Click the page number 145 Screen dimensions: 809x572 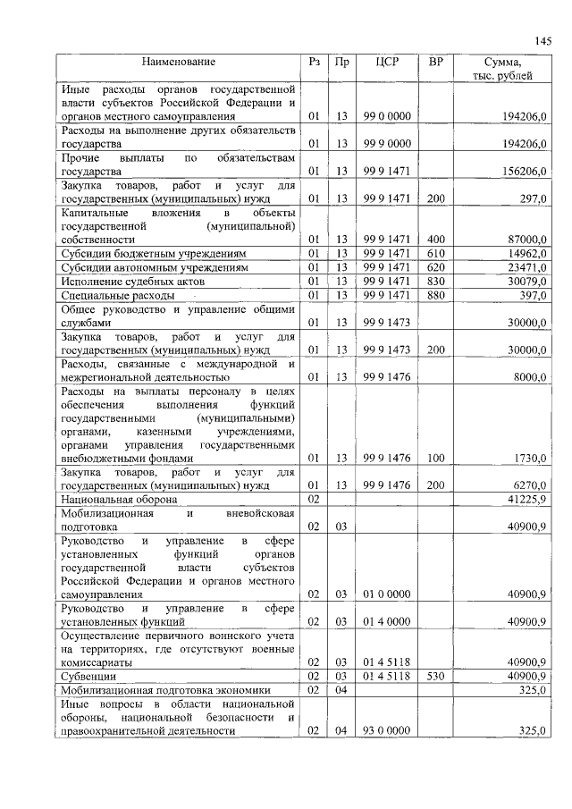[543, 40]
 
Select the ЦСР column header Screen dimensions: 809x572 [386, 63]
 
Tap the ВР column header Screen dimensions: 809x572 [435, 63]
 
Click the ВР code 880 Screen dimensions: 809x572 [435, 295]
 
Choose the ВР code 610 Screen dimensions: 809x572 [435, 254]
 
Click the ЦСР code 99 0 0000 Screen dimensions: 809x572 [386, 116]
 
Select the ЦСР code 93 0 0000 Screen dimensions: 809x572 [386, 731]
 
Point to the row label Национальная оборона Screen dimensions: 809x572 [119, 498]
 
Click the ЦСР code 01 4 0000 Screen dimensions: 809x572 [386, 620]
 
